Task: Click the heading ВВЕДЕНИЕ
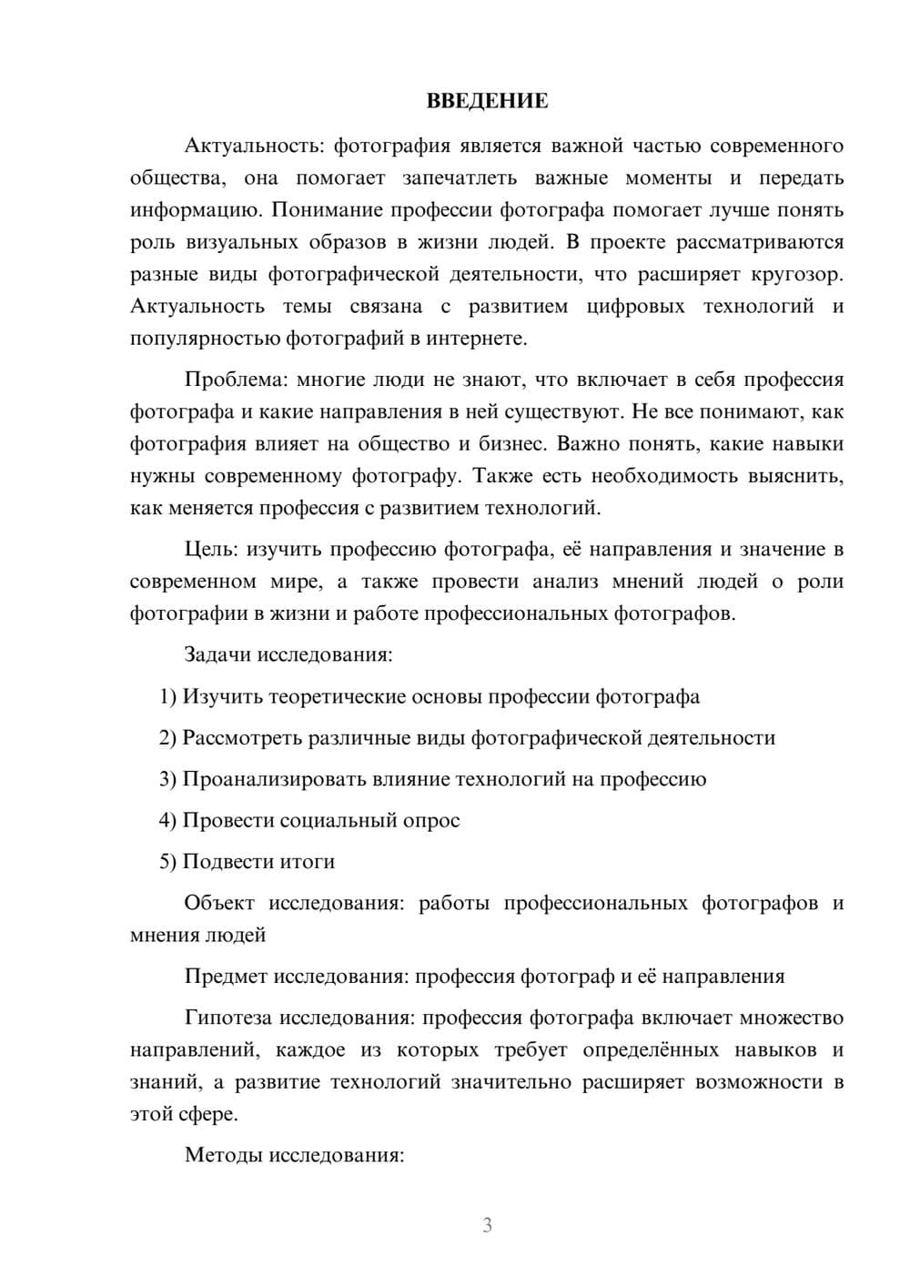[487, 101]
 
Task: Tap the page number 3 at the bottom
[487, 1225]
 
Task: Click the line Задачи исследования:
[288, 654]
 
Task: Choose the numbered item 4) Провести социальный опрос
[309, 820]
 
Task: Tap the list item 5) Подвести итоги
[247, 861]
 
